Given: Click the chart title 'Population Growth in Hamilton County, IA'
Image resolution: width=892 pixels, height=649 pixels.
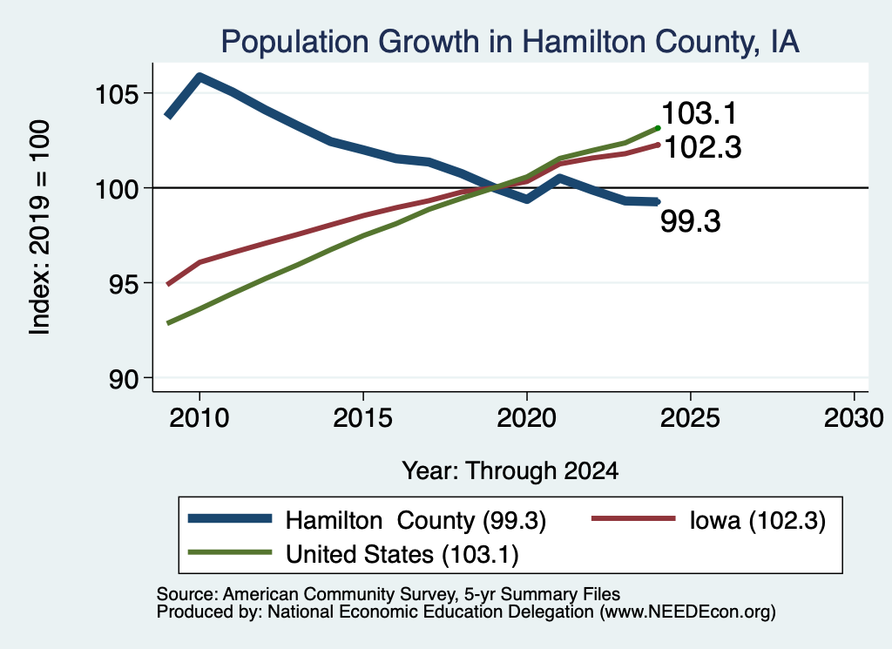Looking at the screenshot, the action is pyautogui.click(x=510, y=42).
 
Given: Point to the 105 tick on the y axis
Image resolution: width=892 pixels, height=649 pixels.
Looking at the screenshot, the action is pyautogui.click(x=117, y=94).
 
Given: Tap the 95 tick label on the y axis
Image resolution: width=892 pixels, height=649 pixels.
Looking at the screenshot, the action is pyautogui.click(x=124, y=283).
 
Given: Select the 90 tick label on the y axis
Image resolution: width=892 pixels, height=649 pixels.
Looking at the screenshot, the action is pyautogui.click(x=124, y=379).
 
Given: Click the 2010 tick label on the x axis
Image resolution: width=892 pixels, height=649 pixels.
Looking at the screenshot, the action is pyautogui.click(x=199, y=418).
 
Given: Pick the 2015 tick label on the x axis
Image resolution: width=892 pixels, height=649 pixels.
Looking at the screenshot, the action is pyautogui.click(x=363, y=418).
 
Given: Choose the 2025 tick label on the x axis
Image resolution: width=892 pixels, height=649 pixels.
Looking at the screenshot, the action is pyautogui.click(x=690, y=418).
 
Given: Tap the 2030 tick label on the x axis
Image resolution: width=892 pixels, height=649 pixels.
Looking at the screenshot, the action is pyautogui.click(x=854, y=418).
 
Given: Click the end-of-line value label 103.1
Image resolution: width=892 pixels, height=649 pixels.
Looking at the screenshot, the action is pyautogui.click(x=699, y=113).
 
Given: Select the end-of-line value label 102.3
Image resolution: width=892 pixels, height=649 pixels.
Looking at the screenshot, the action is pyautogui.click(x=703, y=147).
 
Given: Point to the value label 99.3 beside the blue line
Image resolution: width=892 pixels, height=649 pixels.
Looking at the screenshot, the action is pyautogui.click(x=691, y=221).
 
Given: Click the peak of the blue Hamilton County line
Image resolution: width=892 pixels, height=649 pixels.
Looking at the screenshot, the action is pyautogui.click(x=199, y=76).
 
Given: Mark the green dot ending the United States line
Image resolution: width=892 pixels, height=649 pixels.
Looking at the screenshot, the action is pyautogui.click(x=658, y=128).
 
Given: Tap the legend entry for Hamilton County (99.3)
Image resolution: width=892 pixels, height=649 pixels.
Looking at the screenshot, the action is pyautogui.click(x=367, y=520).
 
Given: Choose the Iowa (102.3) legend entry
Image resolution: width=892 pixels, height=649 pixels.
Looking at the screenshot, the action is pyautogui.click(x=709, y=520).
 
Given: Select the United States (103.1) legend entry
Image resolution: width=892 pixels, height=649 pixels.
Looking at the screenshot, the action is pyautogui.click(x=354, y=554).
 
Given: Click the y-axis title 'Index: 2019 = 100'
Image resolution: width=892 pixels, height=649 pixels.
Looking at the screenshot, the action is pyautogui.click(x=40, y=227).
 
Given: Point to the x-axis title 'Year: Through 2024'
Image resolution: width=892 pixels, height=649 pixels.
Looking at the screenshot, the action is pyautogui.click(x=510, y=471).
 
